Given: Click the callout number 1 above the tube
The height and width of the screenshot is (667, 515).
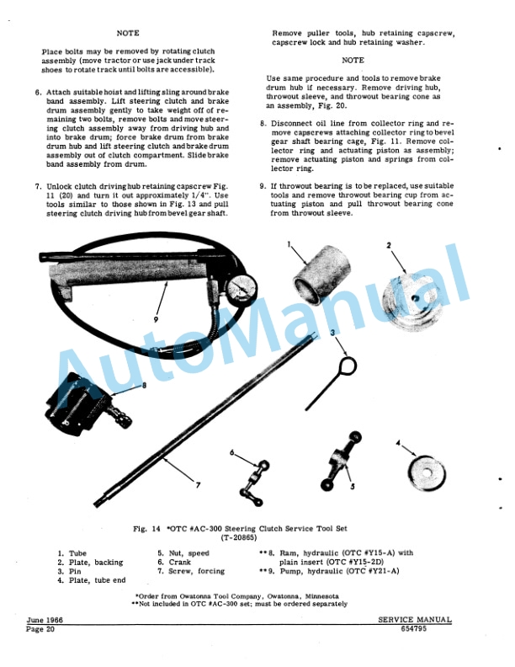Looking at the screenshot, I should point(288,245).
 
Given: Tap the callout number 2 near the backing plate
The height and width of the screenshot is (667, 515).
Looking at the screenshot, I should point(389,245).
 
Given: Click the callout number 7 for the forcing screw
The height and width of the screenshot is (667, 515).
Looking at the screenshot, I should point(199,486).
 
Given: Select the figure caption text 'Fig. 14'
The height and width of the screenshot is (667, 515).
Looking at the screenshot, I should point(147,528).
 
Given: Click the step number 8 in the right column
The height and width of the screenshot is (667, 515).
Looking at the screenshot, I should point(263,122).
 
